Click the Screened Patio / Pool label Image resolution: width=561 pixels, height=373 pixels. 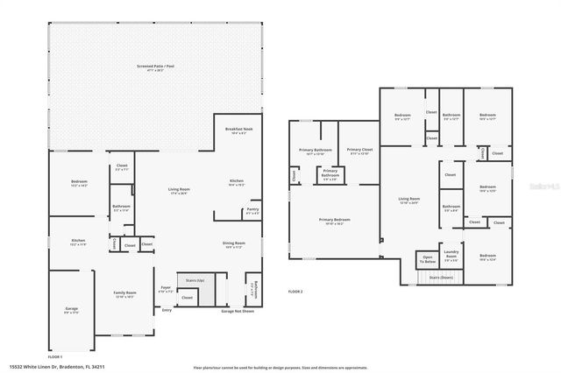tap(157, 67)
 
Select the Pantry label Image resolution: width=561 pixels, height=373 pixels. tap(252, 209)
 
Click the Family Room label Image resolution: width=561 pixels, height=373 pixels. tap(124, 293)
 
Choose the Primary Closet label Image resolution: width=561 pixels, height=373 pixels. tap(359, 150)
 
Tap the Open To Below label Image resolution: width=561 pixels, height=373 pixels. tap(428, 260)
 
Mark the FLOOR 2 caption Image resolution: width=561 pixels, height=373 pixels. tap(295, 291)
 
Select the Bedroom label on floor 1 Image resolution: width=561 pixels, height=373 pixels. tap(79, 182)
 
